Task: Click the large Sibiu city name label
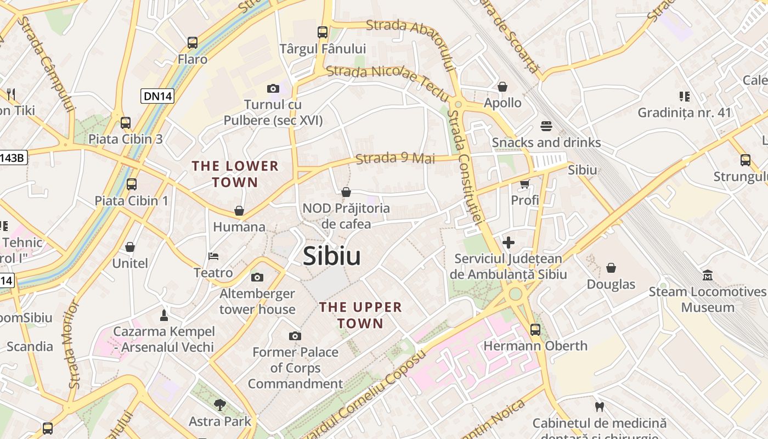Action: coord(331,256)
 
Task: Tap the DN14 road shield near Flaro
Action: coord(157,96)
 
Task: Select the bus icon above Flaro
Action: coord(193,42)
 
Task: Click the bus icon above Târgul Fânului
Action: coord(323,32)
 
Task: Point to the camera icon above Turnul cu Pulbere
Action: coord(273,88)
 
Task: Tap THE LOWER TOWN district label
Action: coord(235,174)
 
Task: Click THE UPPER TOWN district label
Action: coord(360,315)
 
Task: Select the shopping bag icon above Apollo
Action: coord(502,87)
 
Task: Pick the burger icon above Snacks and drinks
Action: coord(546,126)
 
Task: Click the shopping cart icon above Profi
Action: coord(525,184)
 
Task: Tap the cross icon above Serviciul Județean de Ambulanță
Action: coord(509,242)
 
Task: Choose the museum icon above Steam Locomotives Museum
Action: coord(708,275)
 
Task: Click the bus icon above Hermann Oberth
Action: coord(535,329)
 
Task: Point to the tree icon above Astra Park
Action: coord(219,405)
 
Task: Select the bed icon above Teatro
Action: coord(213,256)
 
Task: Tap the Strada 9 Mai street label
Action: coord(395,159)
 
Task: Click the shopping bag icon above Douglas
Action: coord(611,268)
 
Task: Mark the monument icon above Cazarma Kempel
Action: coord(163,315)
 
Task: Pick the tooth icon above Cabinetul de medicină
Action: coord(599,407)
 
